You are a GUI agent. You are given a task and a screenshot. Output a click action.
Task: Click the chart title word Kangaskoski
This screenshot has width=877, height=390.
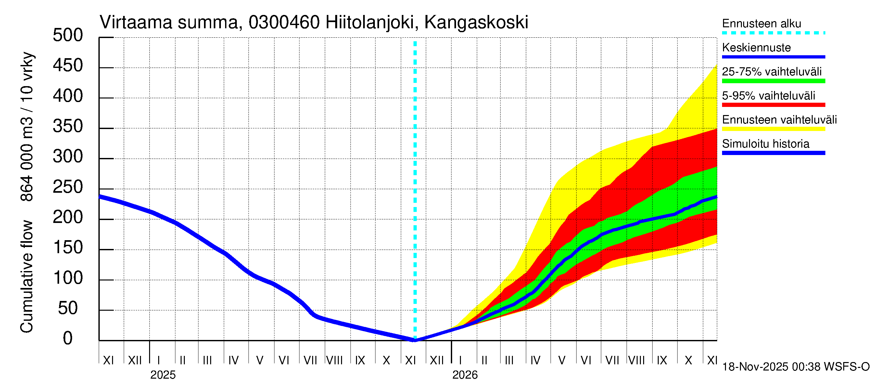(476, 22)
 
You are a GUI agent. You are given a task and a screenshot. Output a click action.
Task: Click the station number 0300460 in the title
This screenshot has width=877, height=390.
(284, 22)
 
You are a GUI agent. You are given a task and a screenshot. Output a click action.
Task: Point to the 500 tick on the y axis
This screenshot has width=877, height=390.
(68, 35)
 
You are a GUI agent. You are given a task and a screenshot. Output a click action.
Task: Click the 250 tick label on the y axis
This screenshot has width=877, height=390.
(68, 187)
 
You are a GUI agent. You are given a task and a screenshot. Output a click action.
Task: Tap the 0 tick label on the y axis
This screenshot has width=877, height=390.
(68, 338)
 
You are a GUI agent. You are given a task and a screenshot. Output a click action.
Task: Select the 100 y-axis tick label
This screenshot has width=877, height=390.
(68, 278)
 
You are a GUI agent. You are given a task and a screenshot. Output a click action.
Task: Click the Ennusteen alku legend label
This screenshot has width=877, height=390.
(761, 23)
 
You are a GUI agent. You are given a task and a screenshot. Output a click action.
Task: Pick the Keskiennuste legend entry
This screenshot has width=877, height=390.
(756, 47)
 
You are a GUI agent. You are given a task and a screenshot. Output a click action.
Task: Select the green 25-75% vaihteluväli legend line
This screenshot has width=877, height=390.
(773, 81)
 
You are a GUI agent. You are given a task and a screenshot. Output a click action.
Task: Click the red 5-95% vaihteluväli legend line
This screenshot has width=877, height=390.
(773, 105)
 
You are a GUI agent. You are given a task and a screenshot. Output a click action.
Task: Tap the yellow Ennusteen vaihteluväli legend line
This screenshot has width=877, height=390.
(773, 129)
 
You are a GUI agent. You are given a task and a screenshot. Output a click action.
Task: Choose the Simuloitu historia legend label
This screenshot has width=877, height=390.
(765, 144)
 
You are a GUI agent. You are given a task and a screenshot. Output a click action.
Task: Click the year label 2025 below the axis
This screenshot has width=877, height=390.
(163, 375)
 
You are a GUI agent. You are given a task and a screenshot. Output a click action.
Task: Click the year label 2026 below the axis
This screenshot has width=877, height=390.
(465, 375)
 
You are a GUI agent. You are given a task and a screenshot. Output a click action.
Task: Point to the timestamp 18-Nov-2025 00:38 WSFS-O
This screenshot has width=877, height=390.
(795, 367)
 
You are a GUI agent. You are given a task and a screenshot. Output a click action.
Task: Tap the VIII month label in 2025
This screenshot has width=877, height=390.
(334, 360)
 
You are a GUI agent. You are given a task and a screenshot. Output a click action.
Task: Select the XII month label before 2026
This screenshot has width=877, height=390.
(437, 360)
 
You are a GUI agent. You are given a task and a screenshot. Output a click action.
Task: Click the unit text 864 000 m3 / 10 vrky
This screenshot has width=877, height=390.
(27, 127)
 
